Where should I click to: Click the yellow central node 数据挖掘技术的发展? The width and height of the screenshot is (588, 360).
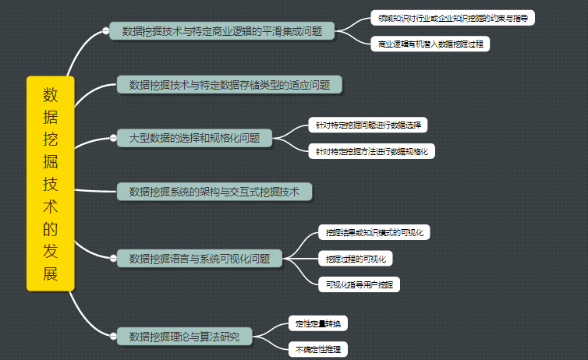point(50,183)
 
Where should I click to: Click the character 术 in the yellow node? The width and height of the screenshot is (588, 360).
point(50,206)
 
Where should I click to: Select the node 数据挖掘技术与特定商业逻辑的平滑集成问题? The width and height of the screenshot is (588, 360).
point(221,31)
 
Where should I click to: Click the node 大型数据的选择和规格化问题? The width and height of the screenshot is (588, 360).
point(194,139)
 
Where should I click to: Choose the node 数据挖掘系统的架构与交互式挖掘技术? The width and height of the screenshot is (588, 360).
point(214,192)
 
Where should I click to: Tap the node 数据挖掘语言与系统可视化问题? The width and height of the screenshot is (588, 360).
point(199,259)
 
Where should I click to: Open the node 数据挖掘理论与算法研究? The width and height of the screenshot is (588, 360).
point(184,337)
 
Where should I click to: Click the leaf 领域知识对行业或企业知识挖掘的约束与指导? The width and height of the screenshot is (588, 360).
point(452,18)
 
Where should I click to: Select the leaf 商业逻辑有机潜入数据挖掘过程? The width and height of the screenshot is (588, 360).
point(430,44)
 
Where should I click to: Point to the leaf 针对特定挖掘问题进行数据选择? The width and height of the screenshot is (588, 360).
point(367,125)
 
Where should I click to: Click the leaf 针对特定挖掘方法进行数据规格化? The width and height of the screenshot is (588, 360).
point(371,151)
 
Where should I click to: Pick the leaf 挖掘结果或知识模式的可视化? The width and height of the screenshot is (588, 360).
point(374,232)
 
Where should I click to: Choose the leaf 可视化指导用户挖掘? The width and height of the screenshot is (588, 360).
point(360,284)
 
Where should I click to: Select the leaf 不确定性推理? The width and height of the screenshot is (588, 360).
point(317,350)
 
